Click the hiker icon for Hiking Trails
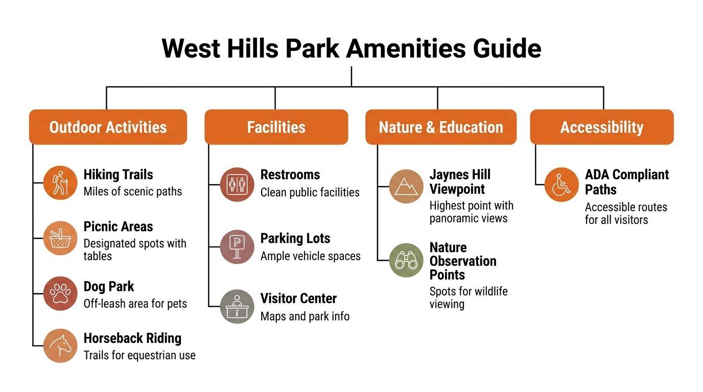[x=60, y=183]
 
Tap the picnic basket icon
[x=60, y=238]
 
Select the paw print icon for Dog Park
[x=60, y=293]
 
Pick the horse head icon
[x=60, y=346]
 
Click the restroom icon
[x=237, y=184]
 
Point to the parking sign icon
[x=237, y=247]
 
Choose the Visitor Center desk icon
[x=237, y=306]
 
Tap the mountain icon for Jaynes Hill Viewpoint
[x=406, y=186]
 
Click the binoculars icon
[x=406, y=260]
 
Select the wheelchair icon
[x=561, y=184]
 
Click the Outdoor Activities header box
[x=108, y=127]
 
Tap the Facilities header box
[x=276, y=127]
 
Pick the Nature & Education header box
[x=441, y=127]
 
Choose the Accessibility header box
[x=602, y=127]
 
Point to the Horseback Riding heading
[x=132, y=338]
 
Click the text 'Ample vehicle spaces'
[x=311, y=256]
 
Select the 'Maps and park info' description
[x=305, y=316]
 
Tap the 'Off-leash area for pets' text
[x=135, y=304]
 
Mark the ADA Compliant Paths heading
[x=627, y=182]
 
